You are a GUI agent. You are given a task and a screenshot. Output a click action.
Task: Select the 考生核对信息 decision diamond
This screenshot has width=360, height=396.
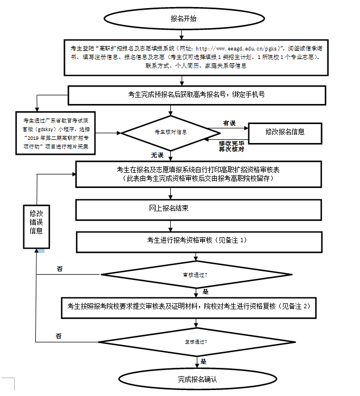(171, 132)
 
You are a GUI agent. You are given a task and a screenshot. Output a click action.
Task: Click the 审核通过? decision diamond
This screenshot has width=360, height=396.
(195, 275)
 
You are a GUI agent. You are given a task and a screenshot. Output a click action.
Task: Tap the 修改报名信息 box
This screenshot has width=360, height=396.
(285, 132)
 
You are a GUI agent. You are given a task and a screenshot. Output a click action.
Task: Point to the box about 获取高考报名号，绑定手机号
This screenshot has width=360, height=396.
(196, 94)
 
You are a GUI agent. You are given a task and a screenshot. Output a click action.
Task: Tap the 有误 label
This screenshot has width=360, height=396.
(229, 124)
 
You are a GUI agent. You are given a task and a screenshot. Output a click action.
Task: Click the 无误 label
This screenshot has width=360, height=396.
(157, 155)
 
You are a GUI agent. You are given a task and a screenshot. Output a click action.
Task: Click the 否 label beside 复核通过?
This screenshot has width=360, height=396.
(59, 336)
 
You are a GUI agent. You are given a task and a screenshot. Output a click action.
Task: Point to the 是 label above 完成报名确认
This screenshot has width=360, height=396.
(203, 361)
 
